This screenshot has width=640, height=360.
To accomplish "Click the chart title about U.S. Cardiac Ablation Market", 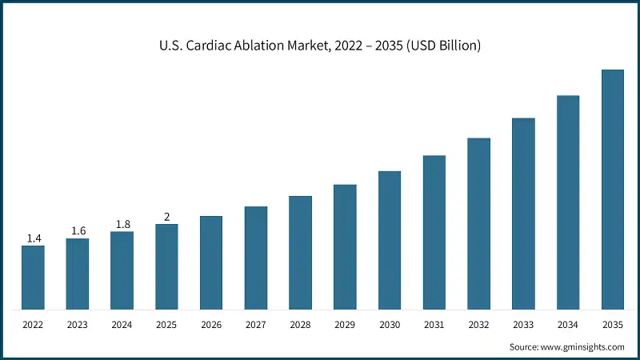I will pyautogui.click(x=320, y=46).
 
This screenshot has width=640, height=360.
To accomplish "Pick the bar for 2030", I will pyautogui.click(x=390, y=240).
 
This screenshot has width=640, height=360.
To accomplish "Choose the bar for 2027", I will pyautogui.click(x=256, y=258).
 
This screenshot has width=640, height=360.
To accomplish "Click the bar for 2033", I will pyautogui.click(x=523, y=214).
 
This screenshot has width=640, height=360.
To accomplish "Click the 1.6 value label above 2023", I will pyautogui.click(x=78, y=231).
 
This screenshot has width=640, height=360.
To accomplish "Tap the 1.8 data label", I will pyautogui.click(x=122, y=225).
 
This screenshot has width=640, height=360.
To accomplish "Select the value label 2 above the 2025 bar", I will pyautogui.click(x=166, y=217).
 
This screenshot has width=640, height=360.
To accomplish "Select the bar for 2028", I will pyautogui.click(x=300, y=252).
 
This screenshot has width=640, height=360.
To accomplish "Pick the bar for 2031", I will pyautogui.click(x=434, y=232).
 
